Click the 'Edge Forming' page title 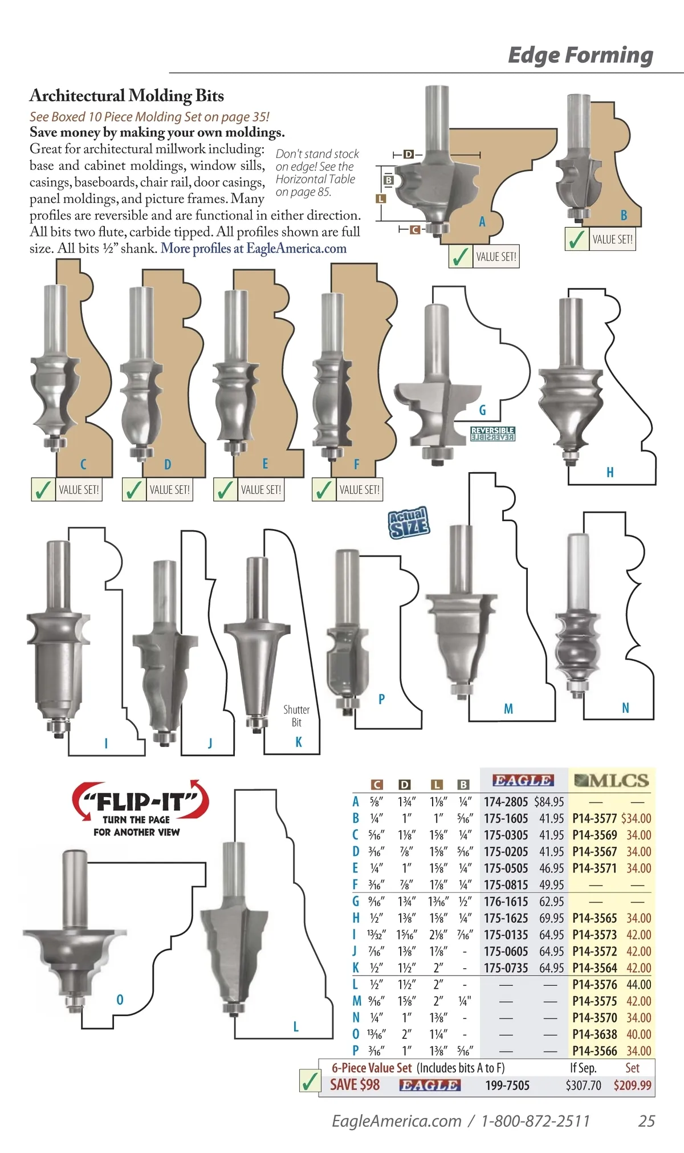(580, 55)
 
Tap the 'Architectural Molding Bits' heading (127, 95)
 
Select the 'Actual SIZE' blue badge (409, 523)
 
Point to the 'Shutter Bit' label (296, 716)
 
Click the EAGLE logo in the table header (523, 780)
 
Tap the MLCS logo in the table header (612, 780)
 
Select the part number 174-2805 (506, 802)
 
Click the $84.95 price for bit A (549, 802)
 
